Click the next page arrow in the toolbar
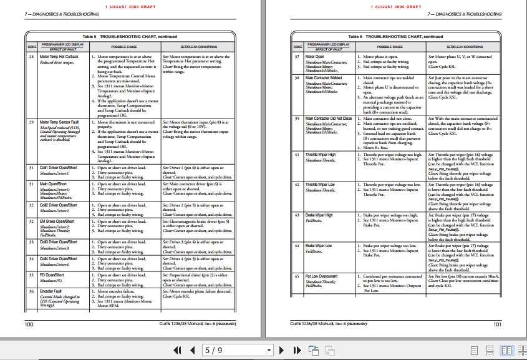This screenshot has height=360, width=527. (281, 351)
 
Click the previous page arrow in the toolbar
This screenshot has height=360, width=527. (193, 351)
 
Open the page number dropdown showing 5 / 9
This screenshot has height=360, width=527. (269, 351)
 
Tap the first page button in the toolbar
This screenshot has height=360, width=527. (177, 351)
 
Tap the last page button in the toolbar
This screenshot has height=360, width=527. (296, 351)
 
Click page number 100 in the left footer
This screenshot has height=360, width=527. (29, 324)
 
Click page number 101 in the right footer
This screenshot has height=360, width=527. (497, 324)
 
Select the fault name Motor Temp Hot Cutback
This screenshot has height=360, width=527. (59, 57)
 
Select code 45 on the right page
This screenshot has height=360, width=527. (297, 276)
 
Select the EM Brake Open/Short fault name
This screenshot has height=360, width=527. (58, 221)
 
